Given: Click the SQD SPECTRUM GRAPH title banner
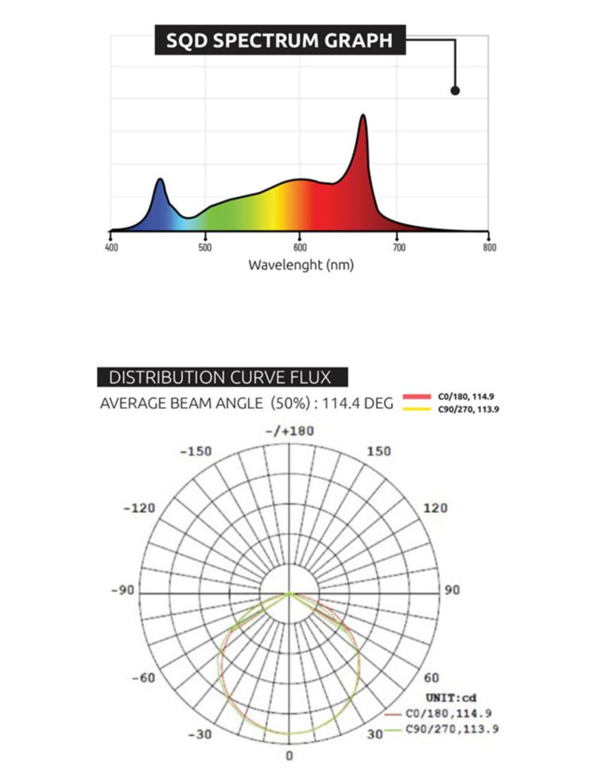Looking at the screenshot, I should coord(279,40).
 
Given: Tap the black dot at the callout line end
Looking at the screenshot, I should coord(455,91).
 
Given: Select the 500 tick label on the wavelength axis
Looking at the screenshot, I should coord(205,247).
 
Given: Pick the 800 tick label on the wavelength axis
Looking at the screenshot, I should coord(490,247).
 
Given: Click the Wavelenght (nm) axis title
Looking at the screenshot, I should coord(301,265).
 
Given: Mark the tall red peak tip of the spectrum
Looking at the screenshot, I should coord(363,116).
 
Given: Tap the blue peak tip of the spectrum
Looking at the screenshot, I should coord(161,180).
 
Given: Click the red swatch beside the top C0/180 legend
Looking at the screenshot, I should coord(416,395).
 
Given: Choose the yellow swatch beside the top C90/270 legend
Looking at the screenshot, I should coord(416,409).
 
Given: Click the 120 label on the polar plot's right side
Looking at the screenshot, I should coord(435,508).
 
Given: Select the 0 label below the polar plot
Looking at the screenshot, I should coord(289,755).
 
